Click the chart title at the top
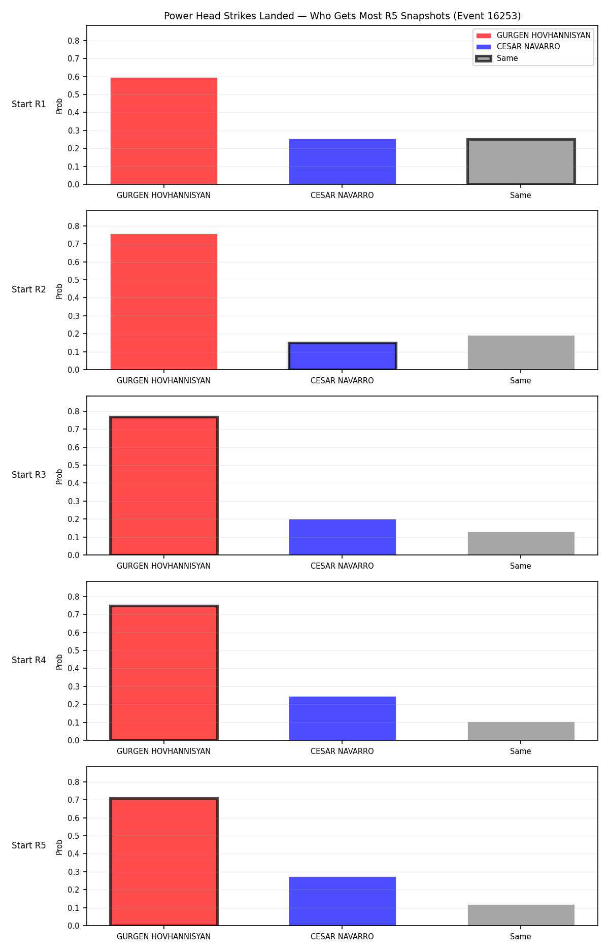tap(342, 16)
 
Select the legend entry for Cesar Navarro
tap(518, 47)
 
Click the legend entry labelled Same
tap(497, 58)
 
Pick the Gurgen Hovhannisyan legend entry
tap(533, 36)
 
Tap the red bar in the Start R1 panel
tap(164, 131)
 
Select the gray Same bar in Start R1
tap(521, 161)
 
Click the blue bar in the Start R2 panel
tap(343, 356)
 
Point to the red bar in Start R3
tap(164, 486)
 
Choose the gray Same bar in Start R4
tap(521, 731)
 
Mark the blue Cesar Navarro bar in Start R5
tap(343, 901)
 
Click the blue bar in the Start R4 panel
tap(343, 718)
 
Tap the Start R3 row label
tap(29, 475)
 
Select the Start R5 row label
tap(29, 845)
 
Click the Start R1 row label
tap(29, 104)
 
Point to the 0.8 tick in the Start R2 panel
tap(74, 226)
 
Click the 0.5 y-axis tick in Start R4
tap(74, 650)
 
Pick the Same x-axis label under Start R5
tap(521, 937)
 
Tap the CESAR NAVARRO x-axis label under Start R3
tap(342, 566)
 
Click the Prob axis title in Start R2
tap(59, 291)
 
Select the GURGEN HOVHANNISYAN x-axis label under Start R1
tap(163, 195)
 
